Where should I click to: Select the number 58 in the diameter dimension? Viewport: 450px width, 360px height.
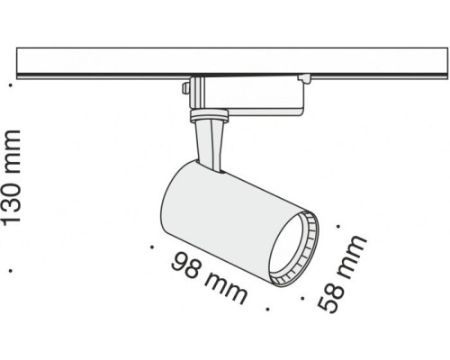[x=331, y=292]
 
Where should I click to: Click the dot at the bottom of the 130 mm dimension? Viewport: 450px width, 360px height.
[x=12, y=268]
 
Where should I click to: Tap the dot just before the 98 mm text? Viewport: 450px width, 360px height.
[x=151, y=244]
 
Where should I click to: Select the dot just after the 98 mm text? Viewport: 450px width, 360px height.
[x=267, y=307]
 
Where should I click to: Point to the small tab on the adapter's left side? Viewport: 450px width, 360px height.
[x=185, y=89]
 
